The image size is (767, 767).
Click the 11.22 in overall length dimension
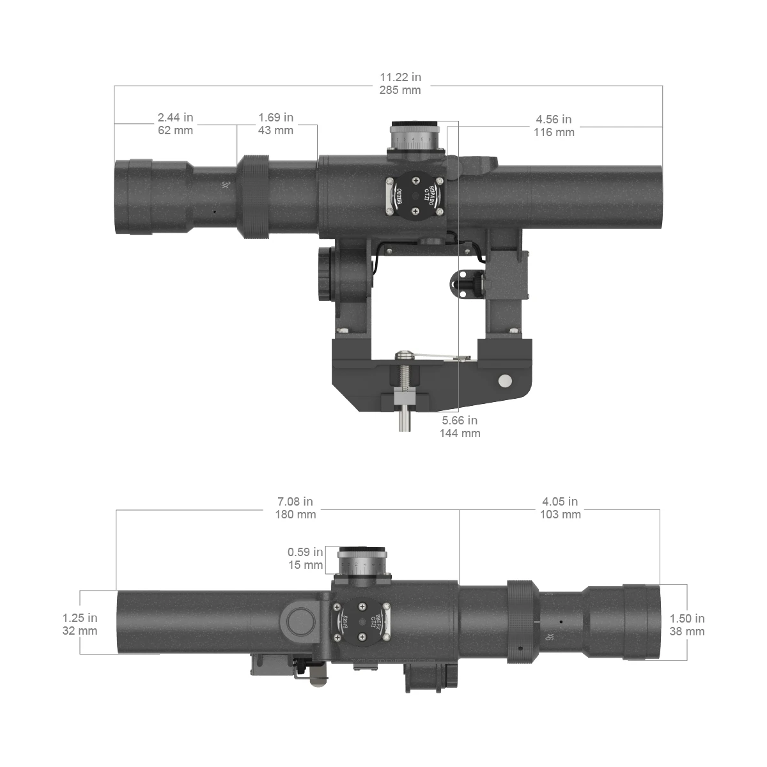(x=399, y=84)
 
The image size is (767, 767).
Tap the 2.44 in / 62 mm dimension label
(x=175, y=124)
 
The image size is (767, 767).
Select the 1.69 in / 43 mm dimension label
(x=275, y=124)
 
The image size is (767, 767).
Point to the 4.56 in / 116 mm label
(x=554, y=126)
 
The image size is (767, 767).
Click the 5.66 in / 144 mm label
(x=460, y=427)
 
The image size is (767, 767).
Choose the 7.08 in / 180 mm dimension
(x=295, y=508)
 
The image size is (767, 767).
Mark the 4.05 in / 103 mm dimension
(x=560, y=508)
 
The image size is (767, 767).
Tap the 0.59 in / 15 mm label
(x=305, y=559)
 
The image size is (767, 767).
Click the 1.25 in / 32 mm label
(x=80, y=624)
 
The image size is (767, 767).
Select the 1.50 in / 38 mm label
(x=687, y=624)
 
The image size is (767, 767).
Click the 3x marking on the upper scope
(x=224, y=185)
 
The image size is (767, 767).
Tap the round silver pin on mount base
(x=505, y=381)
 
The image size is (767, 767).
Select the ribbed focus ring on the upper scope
(x=254, y=197)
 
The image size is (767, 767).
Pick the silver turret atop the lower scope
(x=362, y=562)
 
